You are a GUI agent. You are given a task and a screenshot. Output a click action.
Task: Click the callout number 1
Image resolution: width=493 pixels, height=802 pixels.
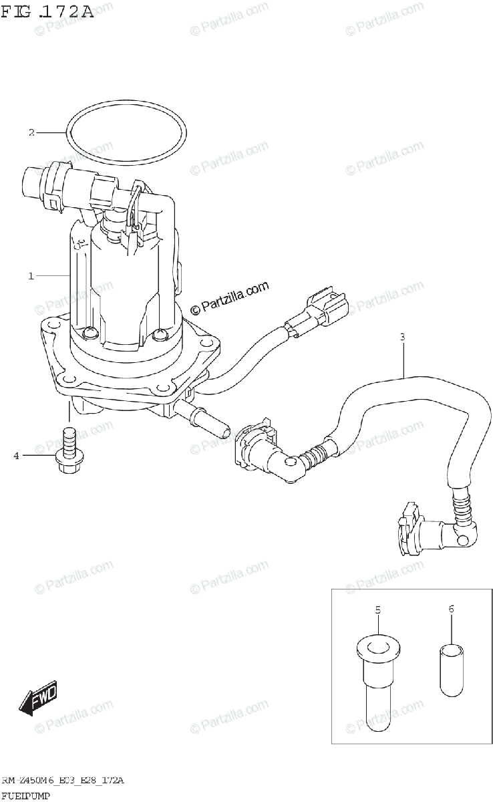coord(31,275)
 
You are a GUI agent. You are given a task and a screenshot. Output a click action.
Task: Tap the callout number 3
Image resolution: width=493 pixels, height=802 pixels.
coord(402,337)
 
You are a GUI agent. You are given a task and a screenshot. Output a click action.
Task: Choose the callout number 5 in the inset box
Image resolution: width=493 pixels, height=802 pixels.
coord(377,610)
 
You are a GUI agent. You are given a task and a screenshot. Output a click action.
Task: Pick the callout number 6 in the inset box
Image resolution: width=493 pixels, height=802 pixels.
coord(451,609)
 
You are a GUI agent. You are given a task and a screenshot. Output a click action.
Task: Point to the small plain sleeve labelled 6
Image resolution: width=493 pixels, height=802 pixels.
coord(451,668)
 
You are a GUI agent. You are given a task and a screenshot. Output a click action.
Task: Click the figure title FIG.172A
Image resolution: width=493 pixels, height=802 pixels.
coord(47,12)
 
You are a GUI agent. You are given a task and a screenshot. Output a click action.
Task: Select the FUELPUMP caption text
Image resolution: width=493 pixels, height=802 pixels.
coord(27,795)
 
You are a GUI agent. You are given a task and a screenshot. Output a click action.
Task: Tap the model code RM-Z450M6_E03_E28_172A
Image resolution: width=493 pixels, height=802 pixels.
coord(63,780)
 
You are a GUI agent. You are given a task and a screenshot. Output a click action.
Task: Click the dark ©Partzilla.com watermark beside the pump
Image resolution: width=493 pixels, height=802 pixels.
coord(230,297)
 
